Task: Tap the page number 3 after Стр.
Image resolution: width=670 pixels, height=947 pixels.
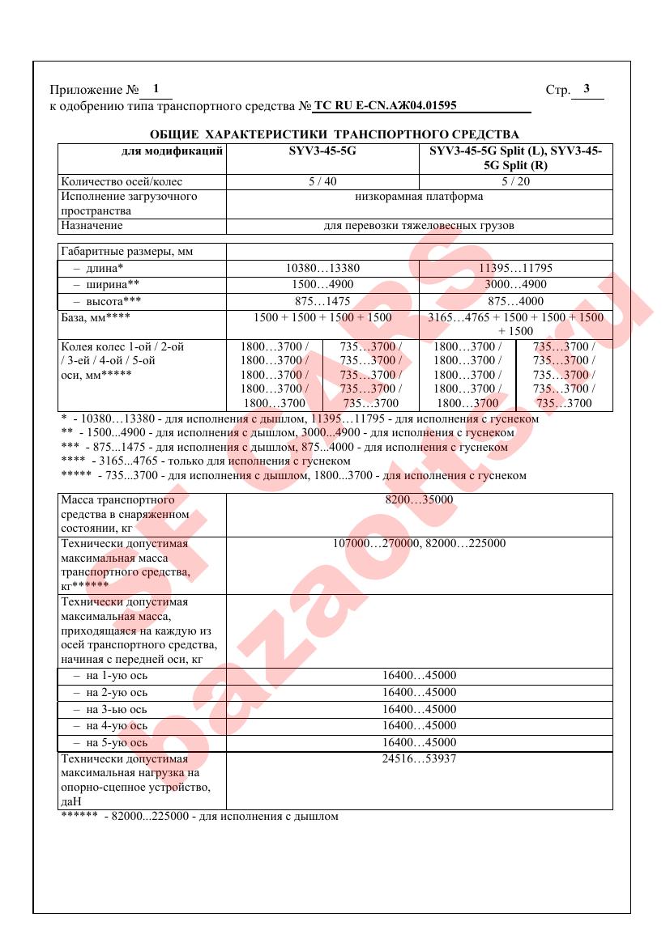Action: tap(586, 89)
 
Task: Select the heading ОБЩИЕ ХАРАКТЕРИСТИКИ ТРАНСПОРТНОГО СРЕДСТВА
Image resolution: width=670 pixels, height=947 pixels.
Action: tap(335, 134)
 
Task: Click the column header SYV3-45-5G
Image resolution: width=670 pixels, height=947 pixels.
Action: tap(322, 151)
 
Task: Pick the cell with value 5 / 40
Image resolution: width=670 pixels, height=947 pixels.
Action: tap(322, 181)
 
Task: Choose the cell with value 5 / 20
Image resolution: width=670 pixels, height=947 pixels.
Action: tap(515, 181)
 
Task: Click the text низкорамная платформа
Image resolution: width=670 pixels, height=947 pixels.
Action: tap(419, 197)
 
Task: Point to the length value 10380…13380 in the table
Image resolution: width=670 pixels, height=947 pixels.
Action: tap(322, 268)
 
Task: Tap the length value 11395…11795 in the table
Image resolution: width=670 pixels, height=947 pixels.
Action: tap(515, 268)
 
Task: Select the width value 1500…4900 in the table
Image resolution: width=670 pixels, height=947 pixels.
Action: tap(322, 284)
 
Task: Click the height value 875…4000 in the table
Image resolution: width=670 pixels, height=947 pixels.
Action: tap(515, 300)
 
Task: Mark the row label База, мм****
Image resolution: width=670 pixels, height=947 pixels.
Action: tap(96, 317)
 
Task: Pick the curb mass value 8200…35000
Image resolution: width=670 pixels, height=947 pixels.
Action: tap(419, 500)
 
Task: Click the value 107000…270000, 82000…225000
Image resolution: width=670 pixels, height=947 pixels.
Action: tap(419, 543)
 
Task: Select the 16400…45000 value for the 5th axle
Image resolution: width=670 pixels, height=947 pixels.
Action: tap(419, 742)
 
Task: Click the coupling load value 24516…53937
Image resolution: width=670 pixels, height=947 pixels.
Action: tap(419, 759)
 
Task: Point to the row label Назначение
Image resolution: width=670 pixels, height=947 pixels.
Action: tap(92, 226)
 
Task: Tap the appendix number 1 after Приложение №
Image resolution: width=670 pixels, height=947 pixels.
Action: tap(156, 89)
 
